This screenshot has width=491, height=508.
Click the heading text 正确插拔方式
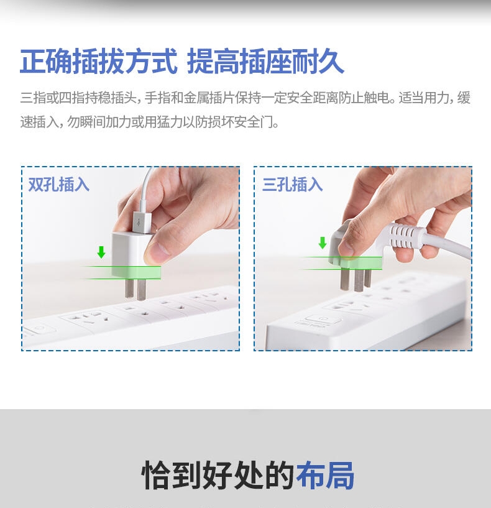[x=98, y=61]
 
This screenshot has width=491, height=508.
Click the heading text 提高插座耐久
[x=265, y=61]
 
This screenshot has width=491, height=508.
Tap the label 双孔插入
[x=58, y=184]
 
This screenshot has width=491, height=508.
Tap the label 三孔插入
[x=293, y=184]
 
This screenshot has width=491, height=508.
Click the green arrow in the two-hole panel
[x=101, y=252]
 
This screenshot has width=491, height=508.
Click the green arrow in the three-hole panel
[x=323, y=242]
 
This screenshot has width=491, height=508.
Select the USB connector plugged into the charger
[x=142, y=221]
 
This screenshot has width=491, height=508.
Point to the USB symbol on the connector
[x=139, y=222]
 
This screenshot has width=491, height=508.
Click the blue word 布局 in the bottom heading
[x=325, y=475]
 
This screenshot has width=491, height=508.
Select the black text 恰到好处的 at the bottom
[x=218, y=475]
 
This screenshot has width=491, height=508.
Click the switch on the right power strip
[x=323, y=320]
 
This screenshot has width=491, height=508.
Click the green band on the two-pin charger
[x=137, y=272]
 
